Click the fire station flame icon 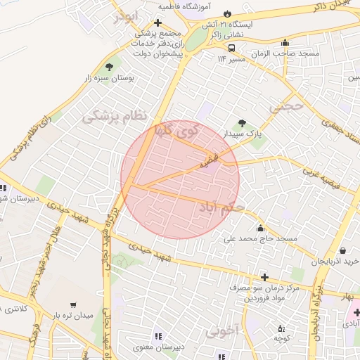coord(227,14)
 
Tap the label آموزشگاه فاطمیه coord(184,6)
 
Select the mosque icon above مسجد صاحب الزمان coord(284,42)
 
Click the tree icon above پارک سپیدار coord(243,123)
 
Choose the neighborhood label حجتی coord(288,106)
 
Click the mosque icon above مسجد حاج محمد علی coord(261,228)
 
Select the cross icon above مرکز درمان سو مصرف coord(264,277)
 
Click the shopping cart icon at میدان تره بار coord(73,305)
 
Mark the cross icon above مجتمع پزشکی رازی coord(158,22)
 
